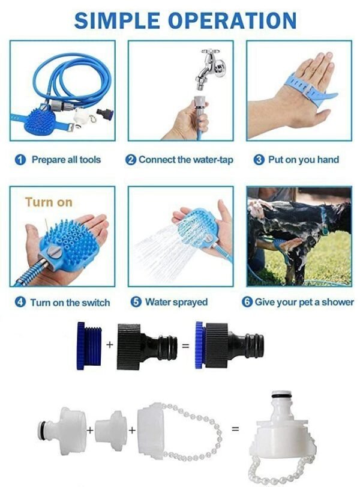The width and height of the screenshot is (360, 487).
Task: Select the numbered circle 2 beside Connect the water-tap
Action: tap(131, 160)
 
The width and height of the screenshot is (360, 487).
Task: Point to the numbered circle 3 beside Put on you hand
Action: tap(259, 160)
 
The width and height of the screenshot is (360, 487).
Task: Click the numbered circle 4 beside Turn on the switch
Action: tap(20, 303)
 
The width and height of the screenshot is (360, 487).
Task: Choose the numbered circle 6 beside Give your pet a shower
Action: tap(247, 302)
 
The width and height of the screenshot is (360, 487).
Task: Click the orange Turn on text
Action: tap(49, 202)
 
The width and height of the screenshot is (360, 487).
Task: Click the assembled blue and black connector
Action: tap(229, 346)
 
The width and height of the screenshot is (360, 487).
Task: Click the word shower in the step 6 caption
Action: tap(337, 302)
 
